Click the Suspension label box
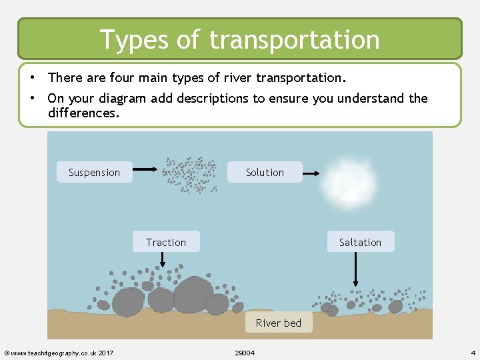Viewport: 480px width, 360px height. (x=94, y=172)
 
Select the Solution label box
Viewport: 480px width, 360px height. (x=265, y=172)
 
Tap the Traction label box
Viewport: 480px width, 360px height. (x=166, y=242)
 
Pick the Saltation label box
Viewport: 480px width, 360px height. (x=360, y=242)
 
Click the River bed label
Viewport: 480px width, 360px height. (x=279, y=323)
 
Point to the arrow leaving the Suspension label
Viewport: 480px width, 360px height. (x=145, y=172)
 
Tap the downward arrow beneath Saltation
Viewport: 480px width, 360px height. (x=356, y=269)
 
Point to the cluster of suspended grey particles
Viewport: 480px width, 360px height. (x=191, y=175)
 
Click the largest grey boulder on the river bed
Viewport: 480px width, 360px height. (x=193, y=294)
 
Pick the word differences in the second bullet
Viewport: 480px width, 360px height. (x=83, y=113)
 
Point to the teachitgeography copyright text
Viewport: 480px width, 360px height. (x=59, y=352)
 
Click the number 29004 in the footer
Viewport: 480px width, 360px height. (x=245, y=352)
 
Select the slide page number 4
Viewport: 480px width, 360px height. (x=472, y=352)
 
